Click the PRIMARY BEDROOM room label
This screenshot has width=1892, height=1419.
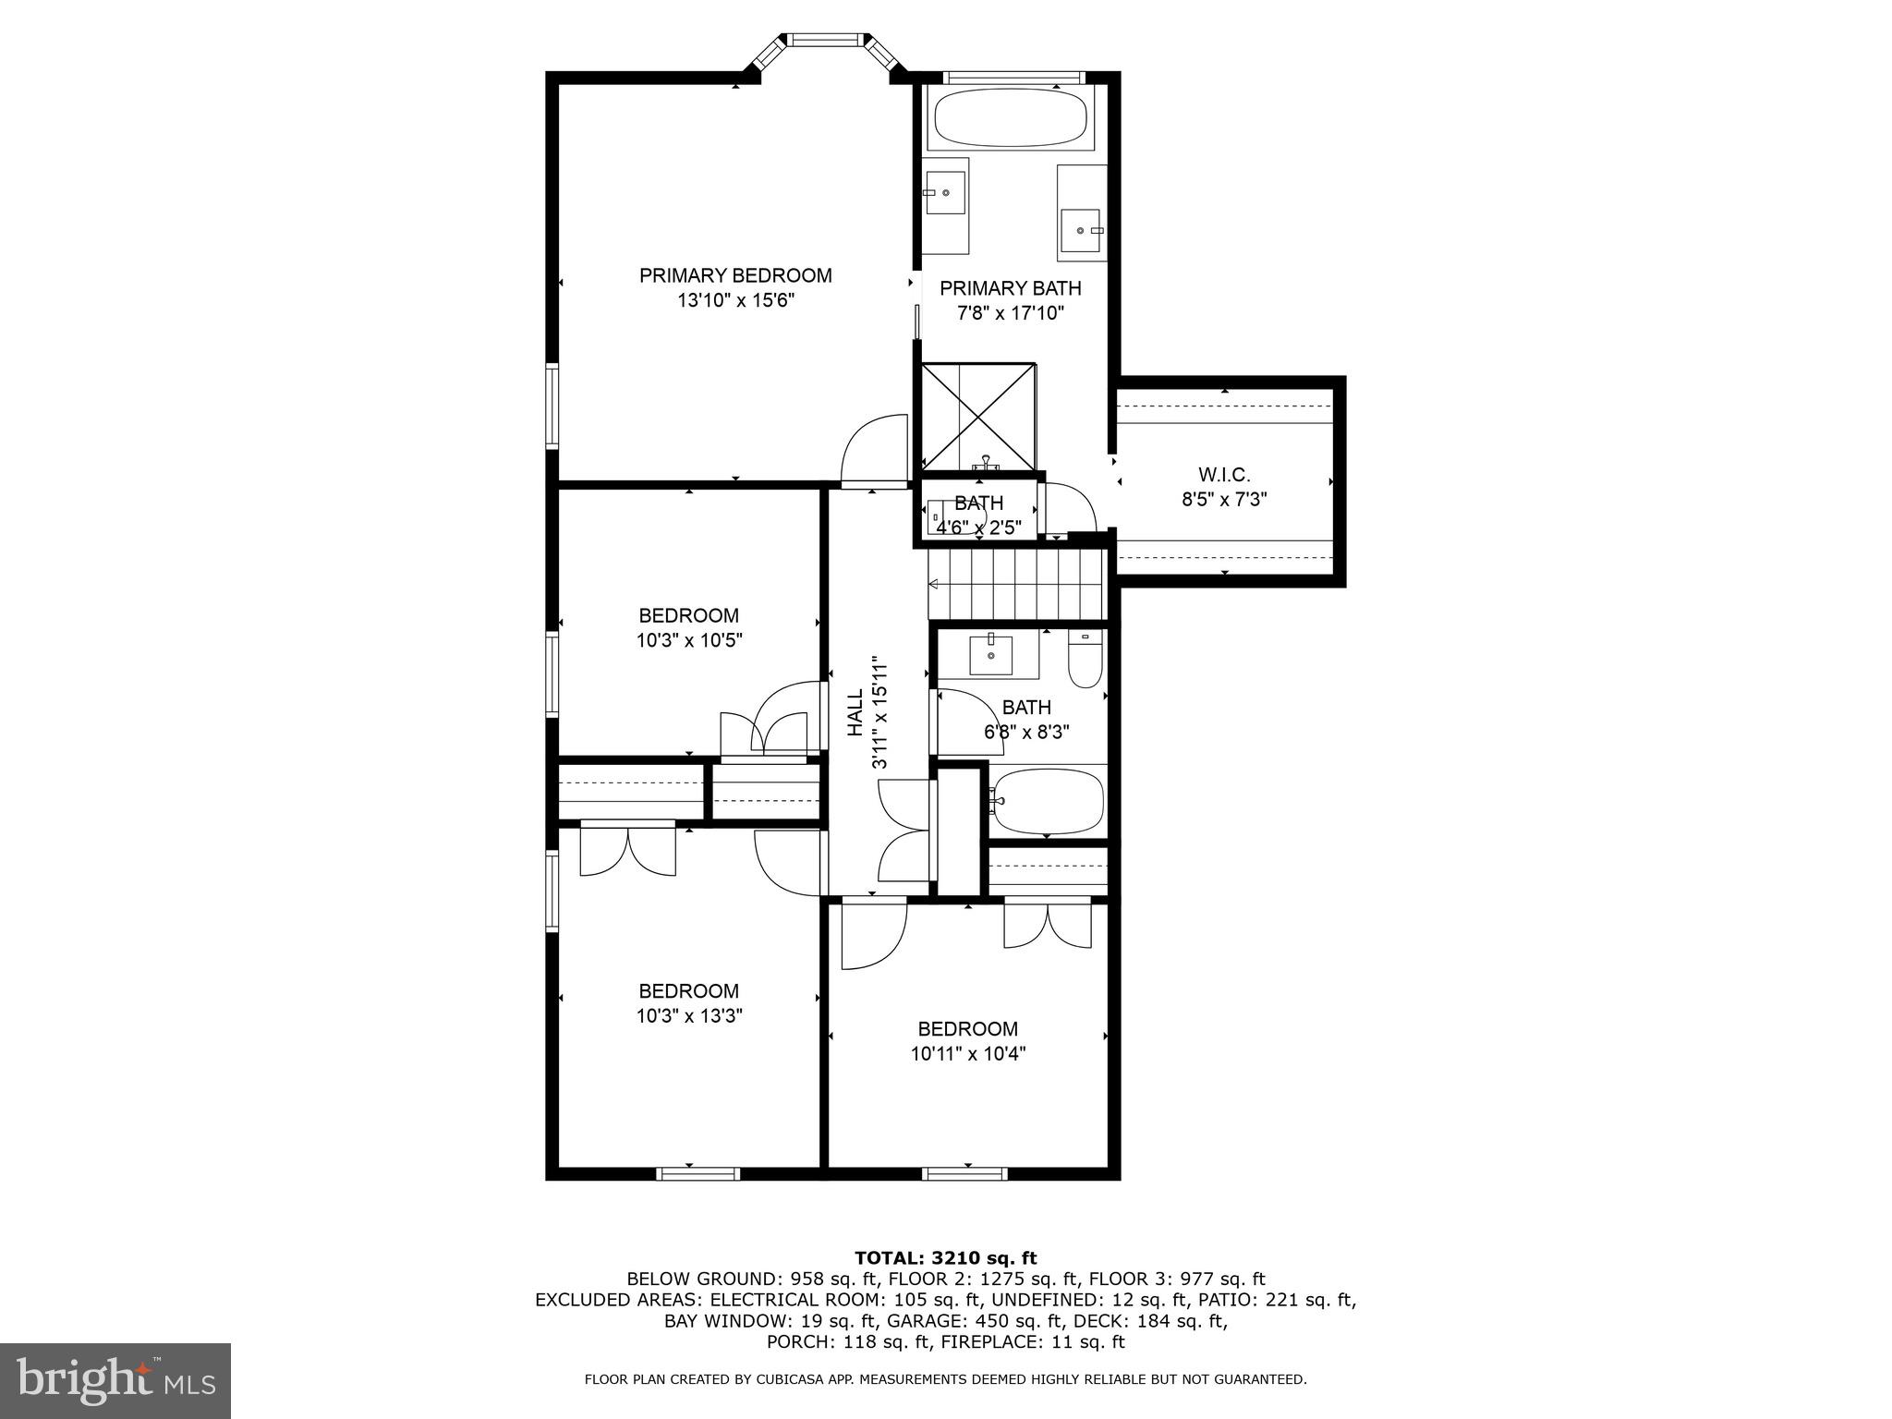(x=735, y=275)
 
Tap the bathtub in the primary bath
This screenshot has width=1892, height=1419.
(x=1011, y=118)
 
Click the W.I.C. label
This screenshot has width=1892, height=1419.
(x=1224, y=475)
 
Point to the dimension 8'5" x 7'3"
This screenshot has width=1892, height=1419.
(x=1224, y=500)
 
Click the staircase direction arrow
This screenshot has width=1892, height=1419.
(x=934, y=584)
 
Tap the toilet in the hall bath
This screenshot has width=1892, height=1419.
(x=1085, y=658)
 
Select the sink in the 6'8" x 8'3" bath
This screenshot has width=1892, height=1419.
(x=990, y=655)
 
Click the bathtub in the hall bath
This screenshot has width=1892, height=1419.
(x=1049, y=801)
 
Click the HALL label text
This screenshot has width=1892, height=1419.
(x=855, y=712)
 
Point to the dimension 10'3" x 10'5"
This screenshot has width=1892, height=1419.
(x=689, y=640)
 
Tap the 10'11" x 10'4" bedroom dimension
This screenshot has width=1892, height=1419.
(x=968, y=1053)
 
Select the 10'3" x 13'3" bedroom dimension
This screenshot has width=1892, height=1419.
(x=689, y=1016)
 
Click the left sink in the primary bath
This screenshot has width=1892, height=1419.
(x=945, y=194)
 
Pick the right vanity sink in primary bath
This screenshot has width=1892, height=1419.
(x=1081, y=229)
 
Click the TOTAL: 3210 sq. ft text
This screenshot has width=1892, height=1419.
(x=945, y=1257)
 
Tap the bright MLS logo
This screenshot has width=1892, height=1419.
(x=115, y=1380)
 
